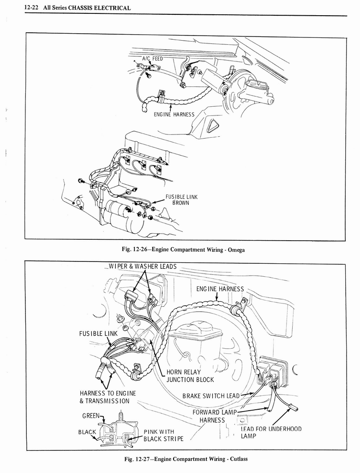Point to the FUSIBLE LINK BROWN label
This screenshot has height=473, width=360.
pos(181,200)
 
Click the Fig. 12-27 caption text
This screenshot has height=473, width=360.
pos(186,459)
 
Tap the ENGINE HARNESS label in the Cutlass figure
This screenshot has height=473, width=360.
pos(220,289)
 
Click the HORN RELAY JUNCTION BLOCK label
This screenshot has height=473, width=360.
pos(190,376)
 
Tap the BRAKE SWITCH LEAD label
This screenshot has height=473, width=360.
pos(211,396)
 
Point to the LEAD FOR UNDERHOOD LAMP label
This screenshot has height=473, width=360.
pos(270,432)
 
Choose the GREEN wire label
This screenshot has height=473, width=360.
pos(90,415)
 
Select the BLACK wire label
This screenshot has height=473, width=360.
pos(87,432)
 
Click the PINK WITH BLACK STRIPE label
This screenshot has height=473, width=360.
pos(163,435)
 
